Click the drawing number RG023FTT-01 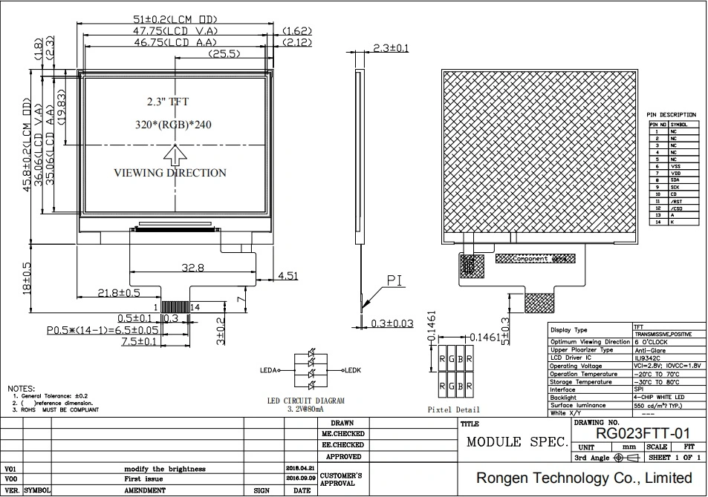click(x=643, y=432)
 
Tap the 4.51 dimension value click(x=288, y=276)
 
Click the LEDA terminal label click(x=268, y=369)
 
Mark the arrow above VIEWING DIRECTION click(x=176, y=154)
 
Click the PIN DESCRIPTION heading click(x=672, y=115)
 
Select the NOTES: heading click(x=22, y=389)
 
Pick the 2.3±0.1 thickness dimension click(x=391, y=48)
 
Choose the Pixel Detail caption click(x=455, y=409)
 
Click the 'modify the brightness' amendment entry click(x=165, y=469)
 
